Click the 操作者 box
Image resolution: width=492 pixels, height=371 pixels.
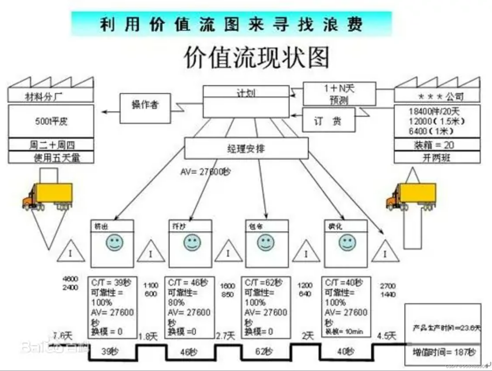145,108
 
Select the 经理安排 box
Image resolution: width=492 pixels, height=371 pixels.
246,148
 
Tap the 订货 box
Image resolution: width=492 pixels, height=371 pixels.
328,120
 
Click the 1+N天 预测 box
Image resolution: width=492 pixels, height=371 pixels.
339,94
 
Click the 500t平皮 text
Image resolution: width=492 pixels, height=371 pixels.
51,121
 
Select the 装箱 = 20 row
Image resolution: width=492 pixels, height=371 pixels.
437,144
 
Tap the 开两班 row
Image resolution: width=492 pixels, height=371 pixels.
437,158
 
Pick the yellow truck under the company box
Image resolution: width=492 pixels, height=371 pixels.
411,196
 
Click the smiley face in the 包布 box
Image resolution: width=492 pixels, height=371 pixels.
266,242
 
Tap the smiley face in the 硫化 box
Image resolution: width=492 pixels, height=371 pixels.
347,242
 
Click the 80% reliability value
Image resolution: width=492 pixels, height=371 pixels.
176,302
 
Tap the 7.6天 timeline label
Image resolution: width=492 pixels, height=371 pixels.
62,336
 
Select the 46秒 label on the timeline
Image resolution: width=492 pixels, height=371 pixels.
189,352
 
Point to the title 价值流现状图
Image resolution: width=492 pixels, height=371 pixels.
257,57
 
